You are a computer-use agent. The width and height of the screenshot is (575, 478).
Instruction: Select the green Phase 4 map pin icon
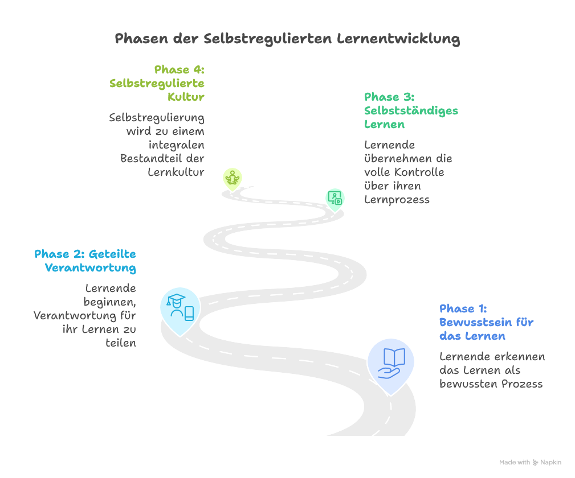click(x=232, y=178)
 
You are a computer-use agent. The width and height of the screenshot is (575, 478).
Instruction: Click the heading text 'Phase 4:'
click(x=179, y=69)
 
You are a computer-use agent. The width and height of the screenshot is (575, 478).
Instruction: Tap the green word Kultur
click(x=186, y=97)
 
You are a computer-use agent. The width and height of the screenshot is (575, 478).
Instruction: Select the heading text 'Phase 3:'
click(x=389, y=97)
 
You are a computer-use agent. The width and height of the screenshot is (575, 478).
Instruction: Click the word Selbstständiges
click(x=411, y=110)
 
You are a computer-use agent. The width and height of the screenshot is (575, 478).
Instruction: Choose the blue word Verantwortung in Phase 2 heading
click(x=91, y=267)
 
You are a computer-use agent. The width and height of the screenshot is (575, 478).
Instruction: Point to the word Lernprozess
click(x=397, y=199)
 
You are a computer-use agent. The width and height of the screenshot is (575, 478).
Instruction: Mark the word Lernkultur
click(x=176, y=172)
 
